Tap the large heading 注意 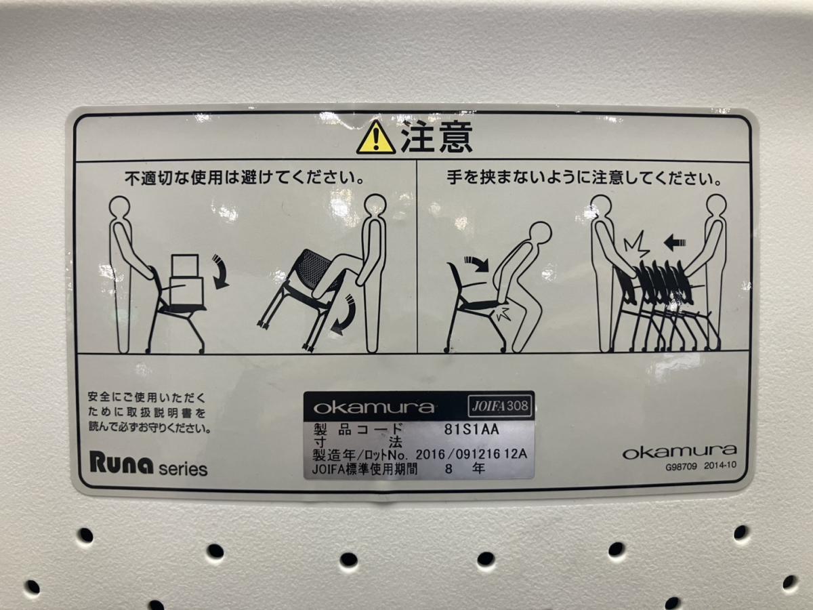point(437,137)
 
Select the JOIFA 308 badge point(500,406)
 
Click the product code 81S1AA point(472,429)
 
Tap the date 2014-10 point(720,466)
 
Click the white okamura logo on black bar point(373,407)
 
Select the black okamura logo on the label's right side point(680,452)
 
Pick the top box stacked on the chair point(185,266)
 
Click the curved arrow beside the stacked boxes point(221,271)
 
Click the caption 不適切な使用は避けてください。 point(244,179)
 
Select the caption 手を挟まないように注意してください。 point(584,178)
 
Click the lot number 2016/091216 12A point(471,454)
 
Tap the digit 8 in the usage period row point(449,469)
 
